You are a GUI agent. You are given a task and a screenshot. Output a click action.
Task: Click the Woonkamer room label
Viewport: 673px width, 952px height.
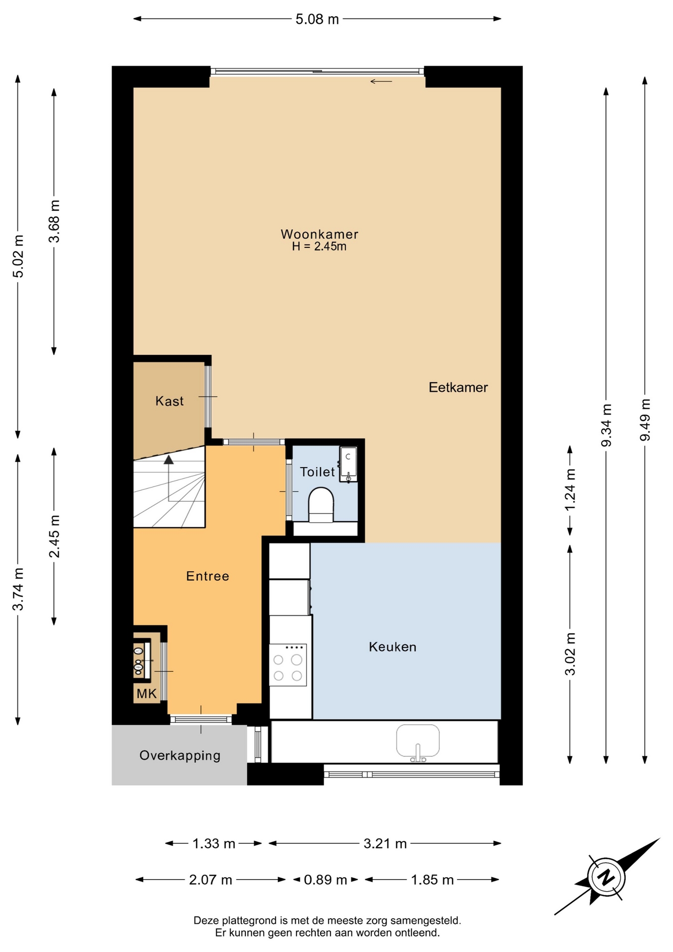(x=319, y=234)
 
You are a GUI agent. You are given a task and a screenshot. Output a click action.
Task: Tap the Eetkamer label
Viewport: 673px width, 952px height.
(x=458, y=387)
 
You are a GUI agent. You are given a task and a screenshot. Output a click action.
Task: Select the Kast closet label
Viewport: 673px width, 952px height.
(x=169, y=401)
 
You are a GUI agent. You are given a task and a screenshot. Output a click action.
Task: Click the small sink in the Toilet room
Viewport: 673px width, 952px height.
(x=348, y=464)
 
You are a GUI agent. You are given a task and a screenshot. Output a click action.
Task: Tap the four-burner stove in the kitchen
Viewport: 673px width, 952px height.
(x=288, y=665)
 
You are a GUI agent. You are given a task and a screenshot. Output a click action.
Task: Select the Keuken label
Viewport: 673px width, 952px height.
(x=393, y=647)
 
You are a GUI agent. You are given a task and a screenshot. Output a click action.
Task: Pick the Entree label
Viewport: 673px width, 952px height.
(x=208, y=576)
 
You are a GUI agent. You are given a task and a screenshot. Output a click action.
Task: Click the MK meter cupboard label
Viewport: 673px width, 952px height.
(x=147, y=694)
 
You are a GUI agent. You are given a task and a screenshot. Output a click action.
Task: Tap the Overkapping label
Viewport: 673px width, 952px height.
(x=180, y=756)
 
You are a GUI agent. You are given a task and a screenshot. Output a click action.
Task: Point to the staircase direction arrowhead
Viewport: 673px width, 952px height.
(x=169, y=460)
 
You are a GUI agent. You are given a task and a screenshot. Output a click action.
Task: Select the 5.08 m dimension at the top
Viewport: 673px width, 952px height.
(x=317, y=19)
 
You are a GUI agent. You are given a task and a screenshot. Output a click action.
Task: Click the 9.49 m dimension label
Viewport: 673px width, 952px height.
(x=645, y=420)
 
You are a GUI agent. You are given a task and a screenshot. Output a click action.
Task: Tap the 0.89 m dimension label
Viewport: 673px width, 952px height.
(x=325, y=880)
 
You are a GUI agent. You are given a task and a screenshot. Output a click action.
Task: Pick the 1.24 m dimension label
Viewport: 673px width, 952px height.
(x=570, y=490)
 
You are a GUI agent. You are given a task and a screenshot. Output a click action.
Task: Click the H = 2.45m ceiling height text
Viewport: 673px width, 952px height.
(x=319, y=246)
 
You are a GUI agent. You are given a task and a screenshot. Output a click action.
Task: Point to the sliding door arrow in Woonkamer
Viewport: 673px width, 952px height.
(x=381, y=81)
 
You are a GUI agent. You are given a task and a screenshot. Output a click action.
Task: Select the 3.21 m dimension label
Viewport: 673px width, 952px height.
(x=385, y=843)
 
